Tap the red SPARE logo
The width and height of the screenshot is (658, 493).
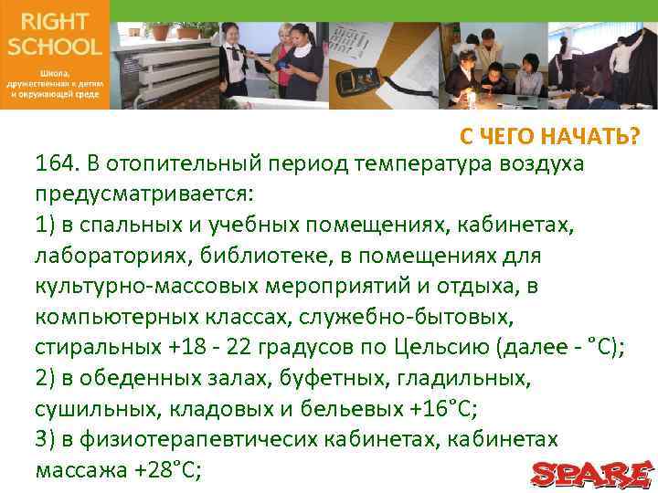[592, 473]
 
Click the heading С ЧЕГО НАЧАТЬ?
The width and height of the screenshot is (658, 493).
[549, 137]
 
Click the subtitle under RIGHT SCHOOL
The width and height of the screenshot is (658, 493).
[54, 81]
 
